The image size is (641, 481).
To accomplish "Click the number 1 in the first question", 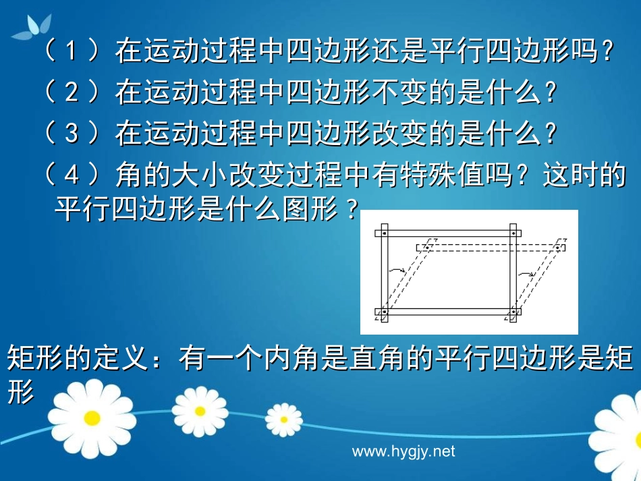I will point(72,51).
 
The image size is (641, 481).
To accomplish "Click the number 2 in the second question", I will point(72,92).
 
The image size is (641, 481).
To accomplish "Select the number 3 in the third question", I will point(72,134).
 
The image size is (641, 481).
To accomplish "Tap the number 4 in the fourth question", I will point(72,175).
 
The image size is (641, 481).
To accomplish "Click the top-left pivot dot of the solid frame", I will point(383,233).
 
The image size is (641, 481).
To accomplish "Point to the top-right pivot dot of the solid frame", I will point(513,233).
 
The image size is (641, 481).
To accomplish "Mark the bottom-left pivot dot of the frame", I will point(383,312).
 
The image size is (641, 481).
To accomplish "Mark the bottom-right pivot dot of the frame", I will point(513,312).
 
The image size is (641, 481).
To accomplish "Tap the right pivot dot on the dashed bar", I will point(559,247).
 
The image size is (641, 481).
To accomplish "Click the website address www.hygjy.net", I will point(403,451).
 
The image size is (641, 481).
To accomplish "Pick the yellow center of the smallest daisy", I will point(283,419).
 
